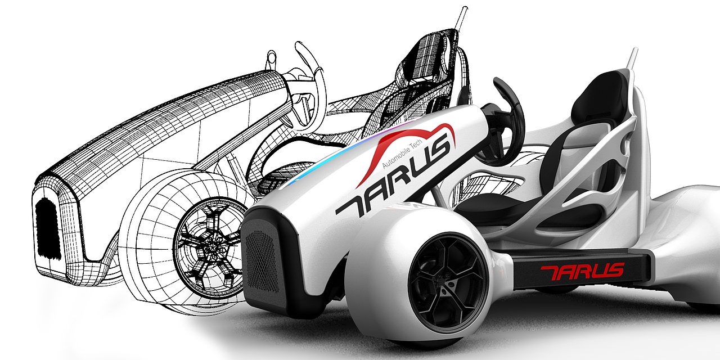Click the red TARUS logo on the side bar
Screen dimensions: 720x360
pyautogui.click(x=582, y=272)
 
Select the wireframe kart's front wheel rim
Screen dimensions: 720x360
pyautogui.click(x=210, y=248)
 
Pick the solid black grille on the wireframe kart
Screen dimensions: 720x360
pyautogui.click(x=48, y=228)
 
